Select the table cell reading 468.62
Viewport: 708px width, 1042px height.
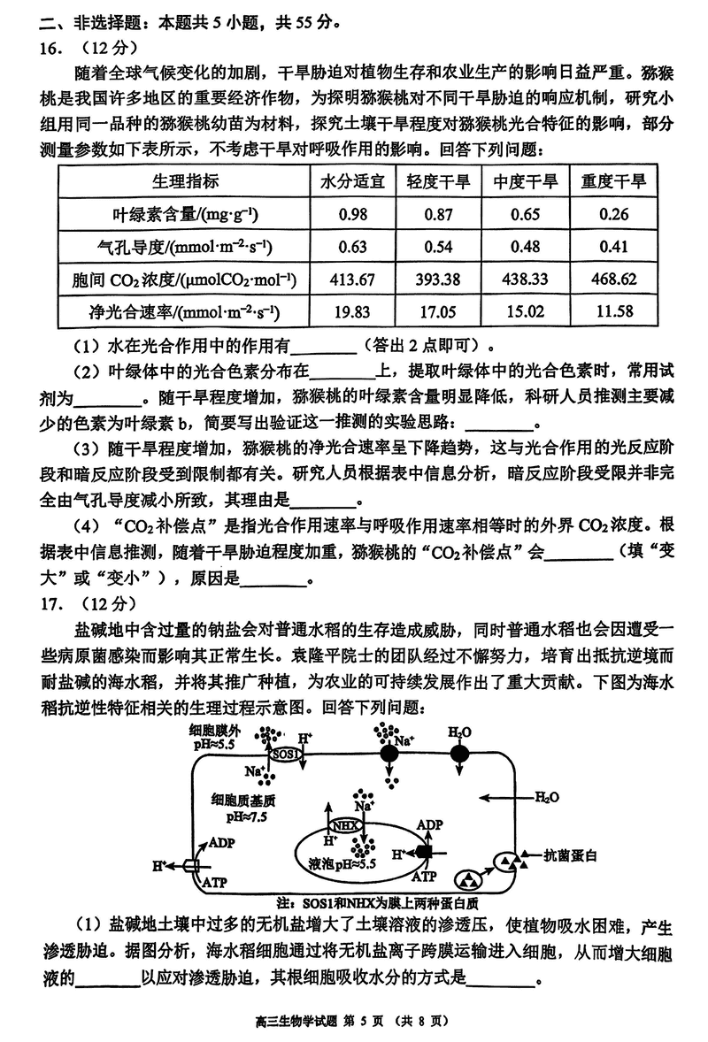(613, 280)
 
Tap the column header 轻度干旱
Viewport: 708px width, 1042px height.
(438, 182)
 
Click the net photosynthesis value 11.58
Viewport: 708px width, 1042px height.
(613, 312)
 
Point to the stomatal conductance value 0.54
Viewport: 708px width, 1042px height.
(438, 247)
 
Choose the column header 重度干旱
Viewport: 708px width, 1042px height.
(613, 182)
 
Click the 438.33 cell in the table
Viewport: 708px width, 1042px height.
(526, 280)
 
